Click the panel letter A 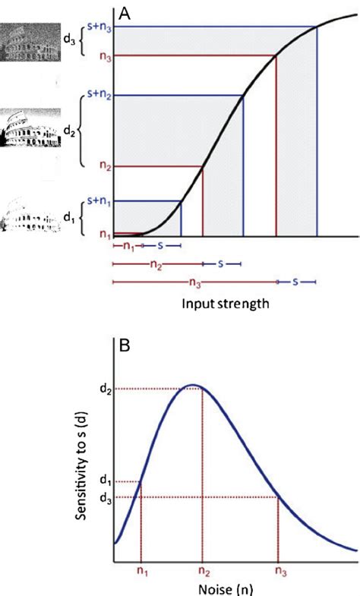(126, 13)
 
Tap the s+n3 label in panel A (99, 27)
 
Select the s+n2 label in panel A (99, 96)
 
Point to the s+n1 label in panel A (99, 201)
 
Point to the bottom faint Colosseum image (25, 216)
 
